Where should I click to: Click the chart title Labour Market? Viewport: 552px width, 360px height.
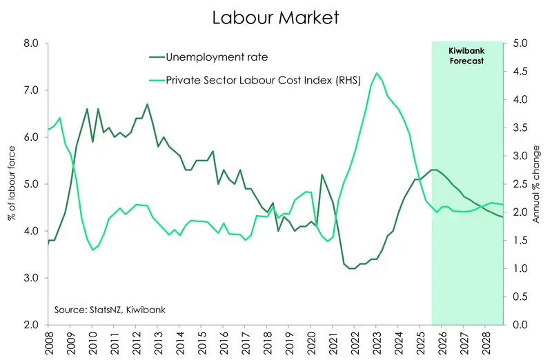[275, 17]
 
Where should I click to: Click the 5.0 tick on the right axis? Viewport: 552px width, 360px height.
[518, 43]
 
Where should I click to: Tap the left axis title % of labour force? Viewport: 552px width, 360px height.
[12, 184]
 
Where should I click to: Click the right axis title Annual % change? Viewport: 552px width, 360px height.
[539, 184]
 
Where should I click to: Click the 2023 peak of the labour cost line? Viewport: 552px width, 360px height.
[376, 73]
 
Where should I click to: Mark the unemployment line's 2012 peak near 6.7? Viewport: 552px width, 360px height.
[147, 104]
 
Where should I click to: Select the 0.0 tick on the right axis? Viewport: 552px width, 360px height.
[518, 325]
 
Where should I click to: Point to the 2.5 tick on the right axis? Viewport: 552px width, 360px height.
[518, 184]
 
